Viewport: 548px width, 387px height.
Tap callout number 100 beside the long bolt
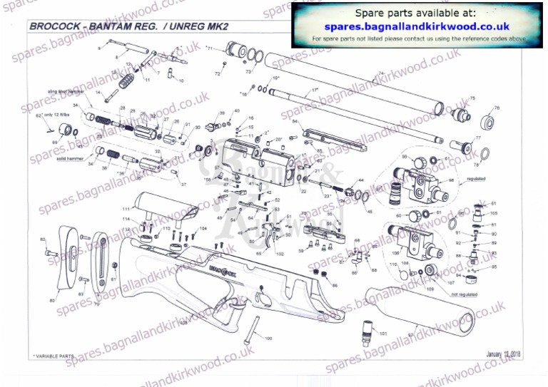point(268,339)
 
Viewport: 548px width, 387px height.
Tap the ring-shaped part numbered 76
point(489,119)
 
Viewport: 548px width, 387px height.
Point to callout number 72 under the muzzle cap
point(217,73)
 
